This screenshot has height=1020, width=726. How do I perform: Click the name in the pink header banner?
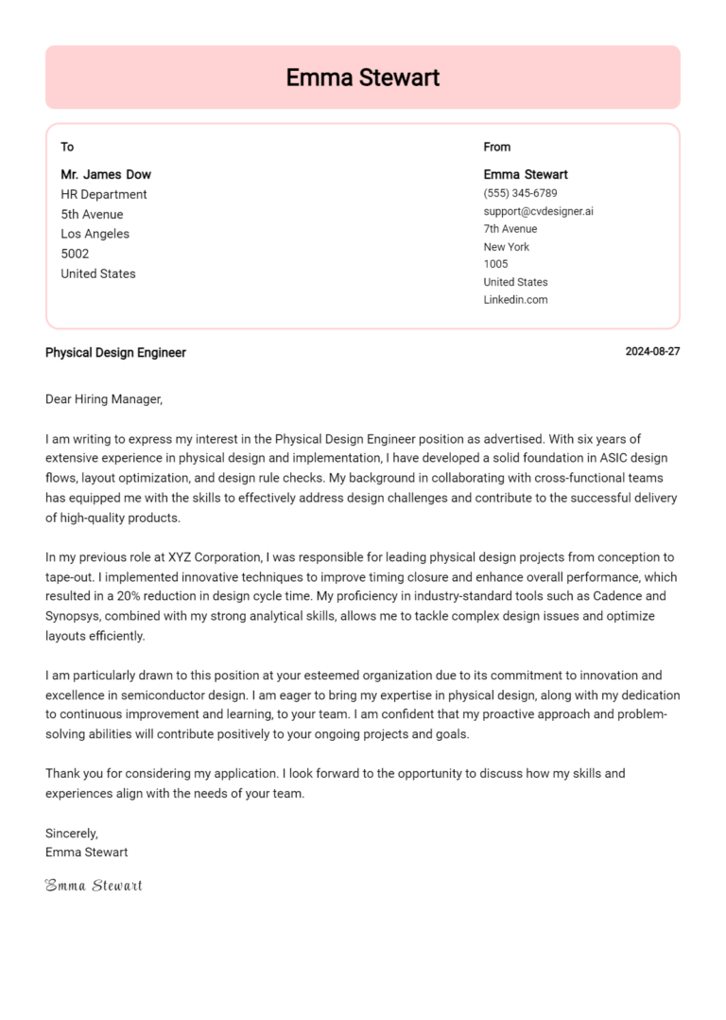coord(362,78)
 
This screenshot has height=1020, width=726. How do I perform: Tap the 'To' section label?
coord(67,147)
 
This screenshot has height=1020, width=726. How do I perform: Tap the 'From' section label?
coord(496,147)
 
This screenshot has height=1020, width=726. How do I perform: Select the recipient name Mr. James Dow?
coord(106,174)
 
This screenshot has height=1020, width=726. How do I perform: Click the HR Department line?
coord(104,194)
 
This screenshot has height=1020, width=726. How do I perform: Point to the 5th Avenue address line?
coord(92,214)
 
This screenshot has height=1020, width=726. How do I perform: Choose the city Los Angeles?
coord(95,234)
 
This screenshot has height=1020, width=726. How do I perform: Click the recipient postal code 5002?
coord(75,254)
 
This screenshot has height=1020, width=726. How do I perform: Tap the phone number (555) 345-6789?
coord(520,193)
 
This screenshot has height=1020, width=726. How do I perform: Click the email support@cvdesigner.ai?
coord(538,211)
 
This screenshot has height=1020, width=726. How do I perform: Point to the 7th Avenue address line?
coord(510,229)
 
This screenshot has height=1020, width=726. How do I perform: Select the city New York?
coord(507,247)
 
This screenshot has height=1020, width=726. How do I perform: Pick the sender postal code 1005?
coord(495,264)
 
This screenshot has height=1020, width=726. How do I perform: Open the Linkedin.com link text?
coord(515,300)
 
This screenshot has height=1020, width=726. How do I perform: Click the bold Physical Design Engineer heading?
coord(115,353)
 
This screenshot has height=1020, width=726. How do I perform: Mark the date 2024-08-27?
coord(652,352)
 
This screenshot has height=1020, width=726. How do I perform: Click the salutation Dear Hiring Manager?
coord(104,399)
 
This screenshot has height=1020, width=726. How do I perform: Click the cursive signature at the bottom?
coord(94,886)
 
